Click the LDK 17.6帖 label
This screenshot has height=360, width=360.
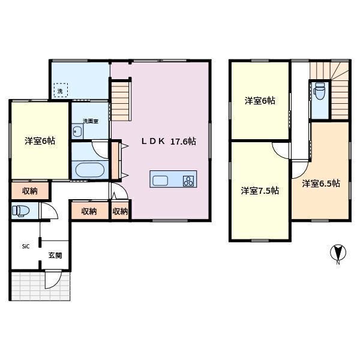point(169,142)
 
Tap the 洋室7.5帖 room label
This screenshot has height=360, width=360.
point(260,191)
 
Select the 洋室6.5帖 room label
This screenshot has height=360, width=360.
point(321,183)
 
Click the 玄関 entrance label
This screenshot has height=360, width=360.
point(55,256)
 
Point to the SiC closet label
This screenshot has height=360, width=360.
point(26,247)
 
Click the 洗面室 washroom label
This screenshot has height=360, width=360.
point(91,121)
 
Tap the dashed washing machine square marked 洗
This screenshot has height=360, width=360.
point(61,91)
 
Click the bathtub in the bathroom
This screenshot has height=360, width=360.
point(90,170)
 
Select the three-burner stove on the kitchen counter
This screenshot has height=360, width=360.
point(188,181)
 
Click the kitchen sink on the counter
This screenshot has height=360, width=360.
point(160,181)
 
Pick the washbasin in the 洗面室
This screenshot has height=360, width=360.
point(77,131)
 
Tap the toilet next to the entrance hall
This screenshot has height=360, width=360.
point(20,211)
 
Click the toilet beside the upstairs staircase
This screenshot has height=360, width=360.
point(319,91)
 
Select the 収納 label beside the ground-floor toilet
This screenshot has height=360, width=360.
point(30,191)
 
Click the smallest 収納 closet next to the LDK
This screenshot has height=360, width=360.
point(120,211)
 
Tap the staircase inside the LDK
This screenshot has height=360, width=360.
point(120,101)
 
